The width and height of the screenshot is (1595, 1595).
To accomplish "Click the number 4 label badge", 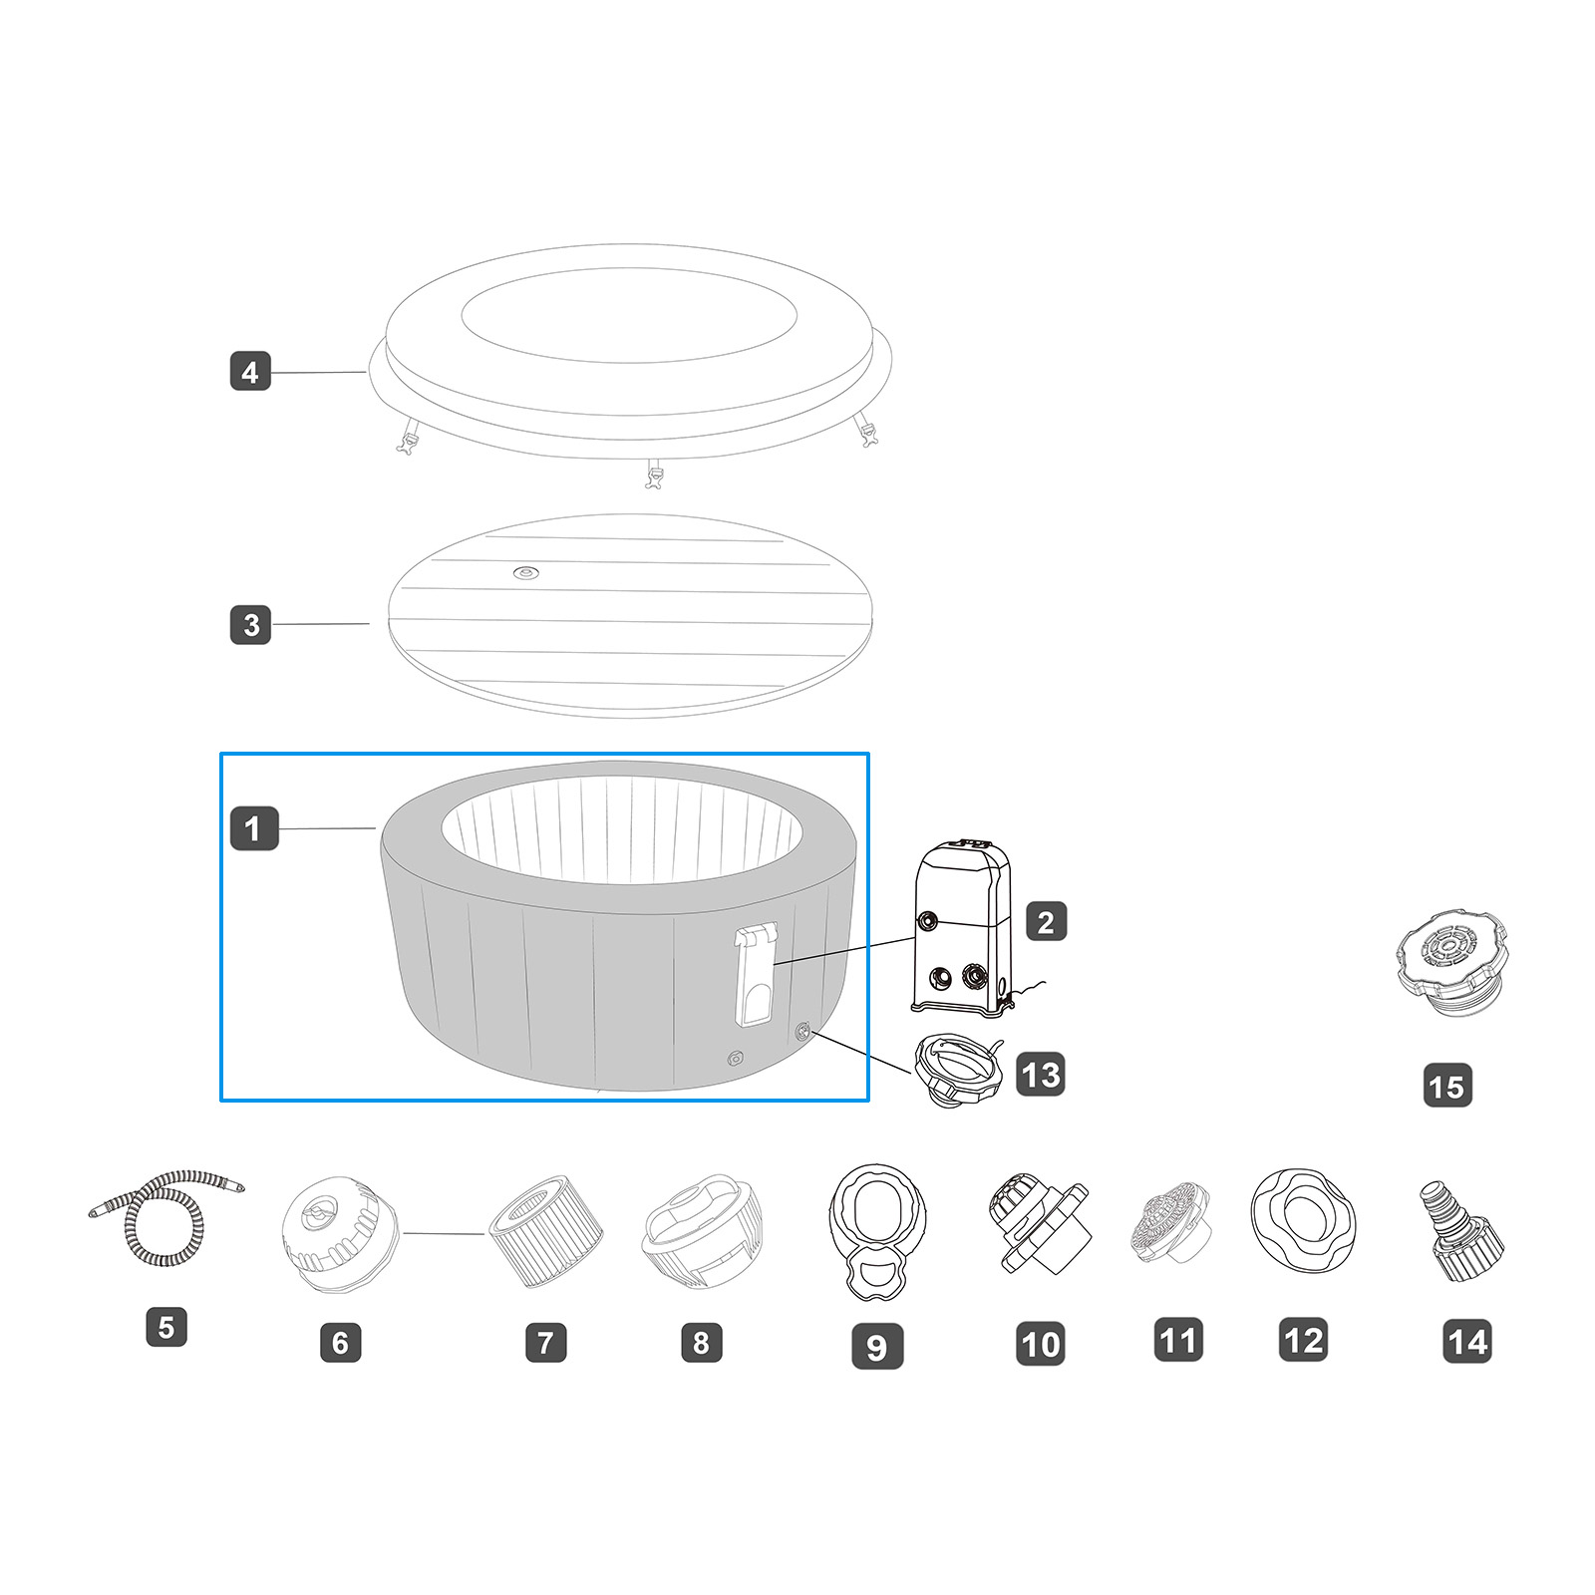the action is pos(250,372).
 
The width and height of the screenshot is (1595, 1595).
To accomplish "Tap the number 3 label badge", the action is pos(250,625).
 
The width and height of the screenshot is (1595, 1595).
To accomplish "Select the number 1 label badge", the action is pos(254,828).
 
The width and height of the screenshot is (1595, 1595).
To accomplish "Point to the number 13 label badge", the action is pos(1041,1075).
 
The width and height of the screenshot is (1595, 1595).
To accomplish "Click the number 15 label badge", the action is pos(1447,1086).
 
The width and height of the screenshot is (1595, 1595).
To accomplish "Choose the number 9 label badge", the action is pos(877,1346).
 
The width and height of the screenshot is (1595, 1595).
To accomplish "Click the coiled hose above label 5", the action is pos(165,1218).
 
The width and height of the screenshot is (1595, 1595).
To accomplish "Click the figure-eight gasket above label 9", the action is pos(877,1232).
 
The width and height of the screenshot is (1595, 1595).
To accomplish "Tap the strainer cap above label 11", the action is pos(1172,1226).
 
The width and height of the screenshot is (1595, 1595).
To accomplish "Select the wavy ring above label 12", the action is pos(1303,1218).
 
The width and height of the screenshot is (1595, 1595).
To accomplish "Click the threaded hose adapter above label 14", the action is pos(1461,1232).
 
